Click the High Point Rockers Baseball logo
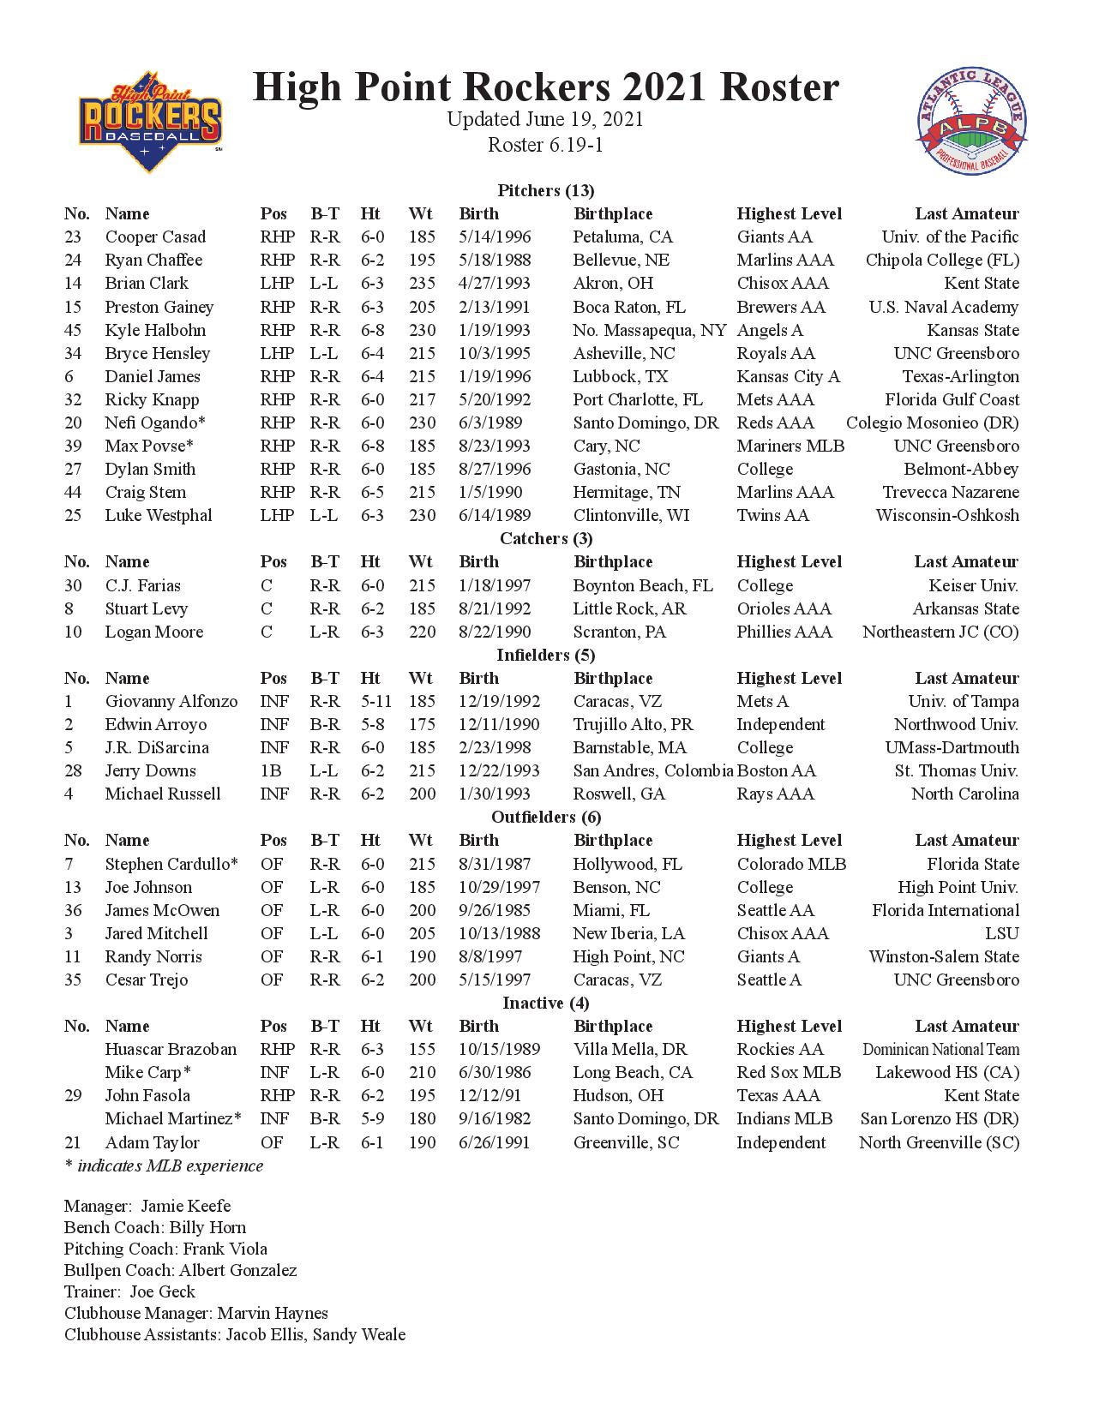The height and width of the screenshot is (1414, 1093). pyautogui.click(x=150, y=123)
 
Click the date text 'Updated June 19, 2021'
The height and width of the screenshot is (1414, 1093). pyautogui.click(x=545, y=119)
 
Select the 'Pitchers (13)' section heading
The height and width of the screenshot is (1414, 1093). pyautogui.click(x=545, y=190)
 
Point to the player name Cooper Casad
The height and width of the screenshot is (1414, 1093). pyautogui.click(x=155, y=237)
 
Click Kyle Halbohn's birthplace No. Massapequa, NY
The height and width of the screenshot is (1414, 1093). pyautogui.click(x=649, y=330)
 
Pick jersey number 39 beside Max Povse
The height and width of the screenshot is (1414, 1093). pyautogui.click(x=73, y=446)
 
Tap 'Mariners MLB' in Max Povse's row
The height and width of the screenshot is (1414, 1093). pyautogui.click(x=790, y=446)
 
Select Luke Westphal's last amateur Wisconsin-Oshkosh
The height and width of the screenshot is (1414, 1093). pyautogui.click(x=947, y=515)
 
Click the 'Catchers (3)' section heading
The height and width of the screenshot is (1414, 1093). pyautogui.click(x=546, y=538)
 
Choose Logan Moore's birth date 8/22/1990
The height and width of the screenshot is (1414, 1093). pyautogui.click(x=495, y=632)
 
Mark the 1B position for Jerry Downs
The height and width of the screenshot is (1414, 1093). pyautogui.click(x=271, y=770)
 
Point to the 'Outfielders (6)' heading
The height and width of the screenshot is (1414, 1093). pyautogui.click(x=546, y=817)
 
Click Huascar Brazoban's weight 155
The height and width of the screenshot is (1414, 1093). pyautogui.click(x=422, y=1049)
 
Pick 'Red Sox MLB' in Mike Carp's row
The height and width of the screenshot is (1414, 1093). pyautogui.click(x=789, y=1072)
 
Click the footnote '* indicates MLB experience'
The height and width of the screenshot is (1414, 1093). pyautogui.click(x=164, y=1165)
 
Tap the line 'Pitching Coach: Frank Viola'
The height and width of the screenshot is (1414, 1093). pyautogui.click(x=165, y=1249)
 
